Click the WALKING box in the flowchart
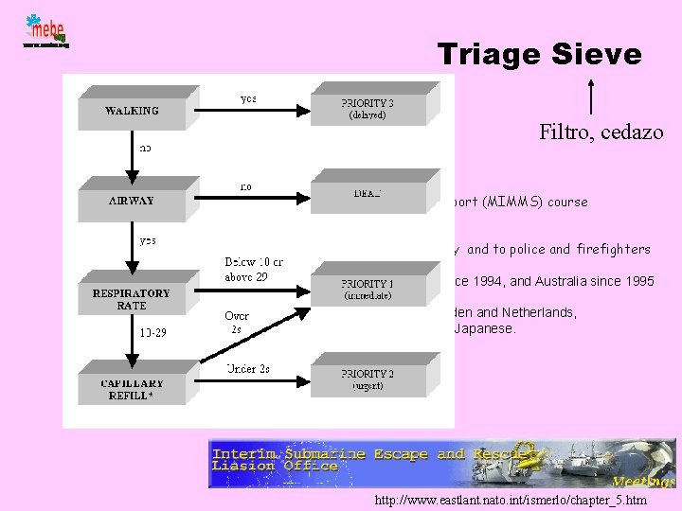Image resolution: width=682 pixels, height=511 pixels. click(x=132, y=110)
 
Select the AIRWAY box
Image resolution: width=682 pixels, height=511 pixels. click(x=131, y=201)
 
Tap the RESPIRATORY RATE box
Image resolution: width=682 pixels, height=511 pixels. click(x=131, y=298)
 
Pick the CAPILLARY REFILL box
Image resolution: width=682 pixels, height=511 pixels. click(x=132, y=389)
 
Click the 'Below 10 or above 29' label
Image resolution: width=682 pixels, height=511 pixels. click(x=253, y=268)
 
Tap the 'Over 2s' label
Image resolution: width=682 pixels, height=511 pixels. click(x=237, y=322)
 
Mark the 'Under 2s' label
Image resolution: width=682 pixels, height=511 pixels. click(x=247, y=368)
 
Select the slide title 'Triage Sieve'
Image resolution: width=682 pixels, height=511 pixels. click(x=539, y=54)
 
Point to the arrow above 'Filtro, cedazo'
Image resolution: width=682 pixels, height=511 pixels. click(x=592, y=97)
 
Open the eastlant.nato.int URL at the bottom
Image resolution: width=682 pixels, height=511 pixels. click(x=511, y=499)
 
